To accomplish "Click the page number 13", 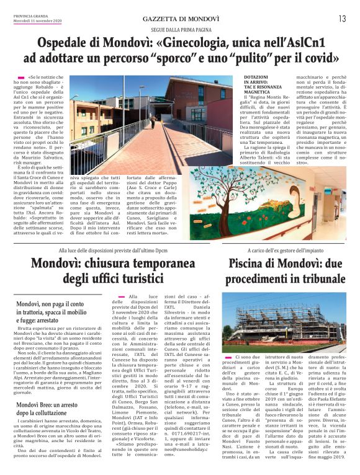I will tap(342, 19).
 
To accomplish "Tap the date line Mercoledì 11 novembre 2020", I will tap(34, 20).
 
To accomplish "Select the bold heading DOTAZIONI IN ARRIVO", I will tap(256, 82).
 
